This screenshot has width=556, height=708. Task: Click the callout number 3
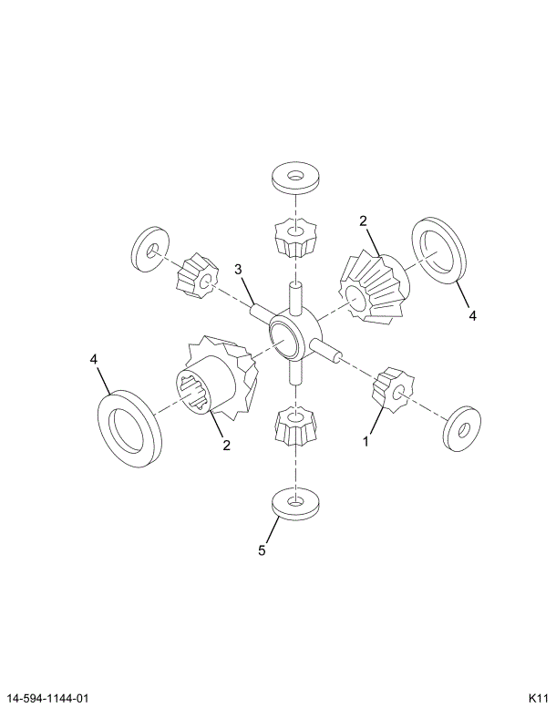pos(238,270)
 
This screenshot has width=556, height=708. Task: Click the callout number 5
pos(262,550)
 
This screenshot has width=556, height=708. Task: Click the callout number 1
pos(366,441)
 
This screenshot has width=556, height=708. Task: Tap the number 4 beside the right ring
pos(472,315)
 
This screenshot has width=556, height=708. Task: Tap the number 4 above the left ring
pos(94,359)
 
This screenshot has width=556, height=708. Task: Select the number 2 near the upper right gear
pos(363,221)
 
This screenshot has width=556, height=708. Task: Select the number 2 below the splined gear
pos(226,446)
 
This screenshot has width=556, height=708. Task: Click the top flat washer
pos(295,179)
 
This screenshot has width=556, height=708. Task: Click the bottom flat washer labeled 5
pos(295,504)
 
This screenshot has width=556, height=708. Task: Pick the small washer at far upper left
pos(150,250)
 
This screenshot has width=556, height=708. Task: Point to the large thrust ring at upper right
pos(438,251)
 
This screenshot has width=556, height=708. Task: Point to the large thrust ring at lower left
pos(129,428)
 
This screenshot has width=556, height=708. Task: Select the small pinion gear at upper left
pos(198,275)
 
